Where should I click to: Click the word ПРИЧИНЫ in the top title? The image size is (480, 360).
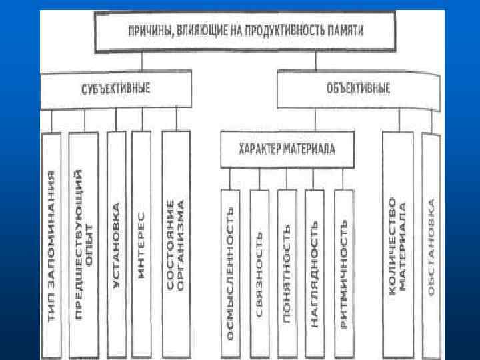[142, 31]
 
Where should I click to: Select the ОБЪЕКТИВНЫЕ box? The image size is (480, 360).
[359, 89]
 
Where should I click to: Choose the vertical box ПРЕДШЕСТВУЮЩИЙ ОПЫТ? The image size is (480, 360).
[83, 243]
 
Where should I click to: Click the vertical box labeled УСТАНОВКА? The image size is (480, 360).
[115, 243]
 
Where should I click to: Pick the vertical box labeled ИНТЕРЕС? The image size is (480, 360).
[141, 243]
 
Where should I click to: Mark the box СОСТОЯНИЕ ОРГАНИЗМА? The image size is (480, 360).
[175, 243]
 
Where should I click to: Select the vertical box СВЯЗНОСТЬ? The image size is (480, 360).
[259, 273]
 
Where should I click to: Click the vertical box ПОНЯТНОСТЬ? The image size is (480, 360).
[287, 273]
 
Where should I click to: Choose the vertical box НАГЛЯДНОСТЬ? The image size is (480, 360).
[315, 273]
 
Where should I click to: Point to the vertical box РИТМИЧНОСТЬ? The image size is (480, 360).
[343, 273]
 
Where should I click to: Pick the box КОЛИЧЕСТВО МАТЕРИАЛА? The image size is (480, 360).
[397, 243]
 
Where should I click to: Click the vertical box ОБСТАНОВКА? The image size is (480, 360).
[431, 243]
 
